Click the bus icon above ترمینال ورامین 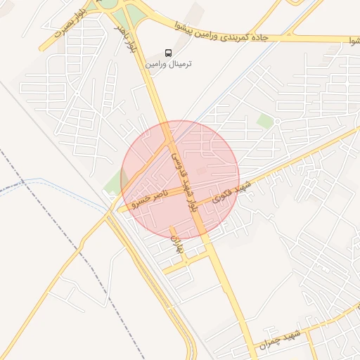(167, 53)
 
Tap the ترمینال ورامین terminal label (169, 63)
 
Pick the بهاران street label (176, 243)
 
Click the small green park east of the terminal (265, 121)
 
